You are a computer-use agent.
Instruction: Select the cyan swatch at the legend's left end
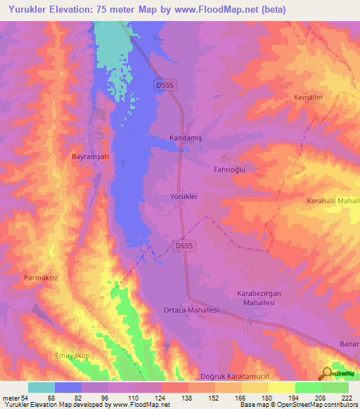click(x=41, y=387)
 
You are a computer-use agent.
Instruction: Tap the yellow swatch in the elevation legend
click(x=281, y=387)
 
